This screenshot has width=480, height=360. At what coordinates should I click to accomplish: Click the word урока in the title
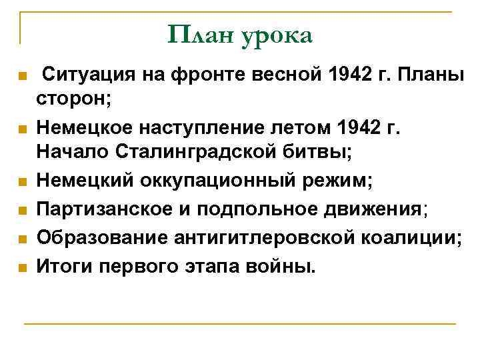[273, 37]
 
